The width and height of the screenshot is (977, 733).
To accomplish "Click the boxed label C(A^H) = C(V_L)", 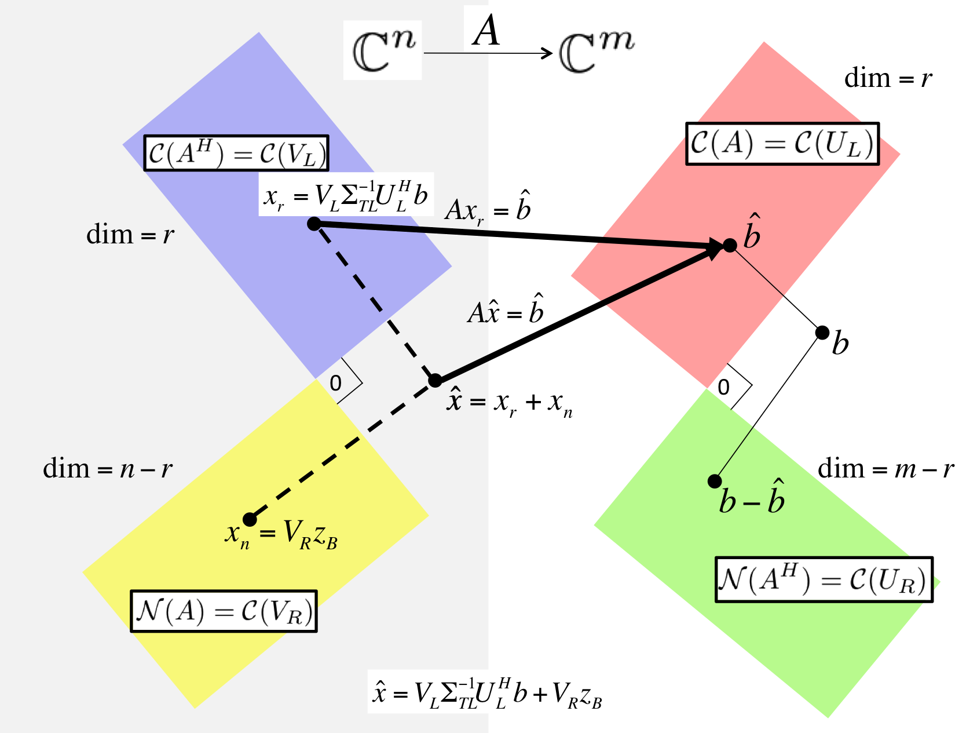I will coord(236,154).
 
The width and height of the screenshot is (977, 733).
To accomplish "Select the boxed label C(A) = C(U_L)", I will coord(782,144).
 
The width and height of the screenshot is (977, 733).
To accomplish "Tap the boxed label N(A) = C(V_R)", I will coord(224,611).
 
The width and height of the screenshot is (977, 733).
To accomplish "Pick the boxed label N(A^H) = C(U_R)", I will coord(824,579).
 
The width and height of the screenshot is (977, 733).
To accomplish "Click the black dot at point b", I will coord(822,333).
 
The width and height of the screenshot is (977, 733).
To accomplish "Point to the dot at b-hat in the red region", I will coord(730,245).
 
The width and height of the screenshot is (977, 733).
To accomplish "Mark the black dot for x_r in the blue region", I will coord(314,224).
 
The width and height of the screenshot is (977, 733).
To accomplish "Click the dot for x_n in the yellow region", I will coord(250,519).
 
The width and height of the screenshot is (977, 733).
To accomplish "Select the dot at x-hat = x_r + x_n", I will coord(435,381).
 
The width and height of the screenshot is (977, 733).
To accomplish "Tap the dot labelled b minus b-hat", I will coord(715,481).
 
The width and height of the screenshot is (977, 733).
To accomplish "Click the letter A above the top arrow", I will coord(486,30).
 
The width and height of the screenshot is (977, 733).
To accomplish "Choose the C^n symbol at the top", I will coord(383,50).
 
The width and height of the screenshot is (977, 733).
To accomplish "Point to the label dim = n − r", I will coord(108,469).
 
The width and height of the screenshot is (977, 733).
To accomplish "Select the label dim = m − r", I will coord(885,469).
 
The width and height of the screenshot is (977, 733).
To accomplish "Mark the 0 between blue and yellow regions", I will coord(335,383).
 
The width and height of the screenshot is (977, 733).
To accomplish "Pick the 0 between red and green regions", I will coord(723,387).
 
